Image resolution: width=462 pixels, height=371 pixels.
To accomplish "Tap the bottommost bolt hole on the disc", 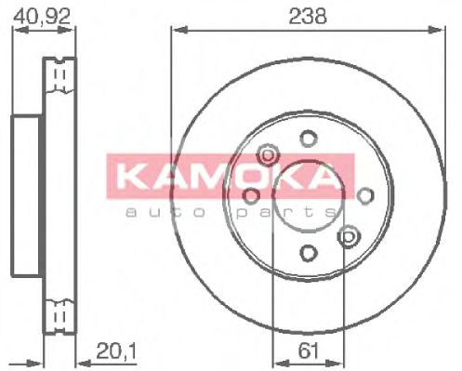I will click(x=308, y=251).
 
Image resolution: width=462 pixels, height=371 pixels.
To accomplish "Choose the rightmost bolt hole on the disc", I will click(x=365, y=194).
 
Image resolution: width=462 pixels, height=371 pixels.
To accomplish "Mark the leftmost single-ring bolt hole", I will click(x=251, y=195).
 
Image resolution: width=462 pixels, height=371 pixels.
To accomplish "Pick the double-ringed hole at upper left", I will click(x=268, y=153).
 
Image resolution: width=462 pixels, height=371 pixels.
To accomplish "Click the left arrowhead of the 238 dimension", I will click(x=176, y=30).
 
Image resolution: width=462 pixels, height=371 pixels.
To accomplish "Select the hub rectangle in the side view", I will click(x=27, y=195).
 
